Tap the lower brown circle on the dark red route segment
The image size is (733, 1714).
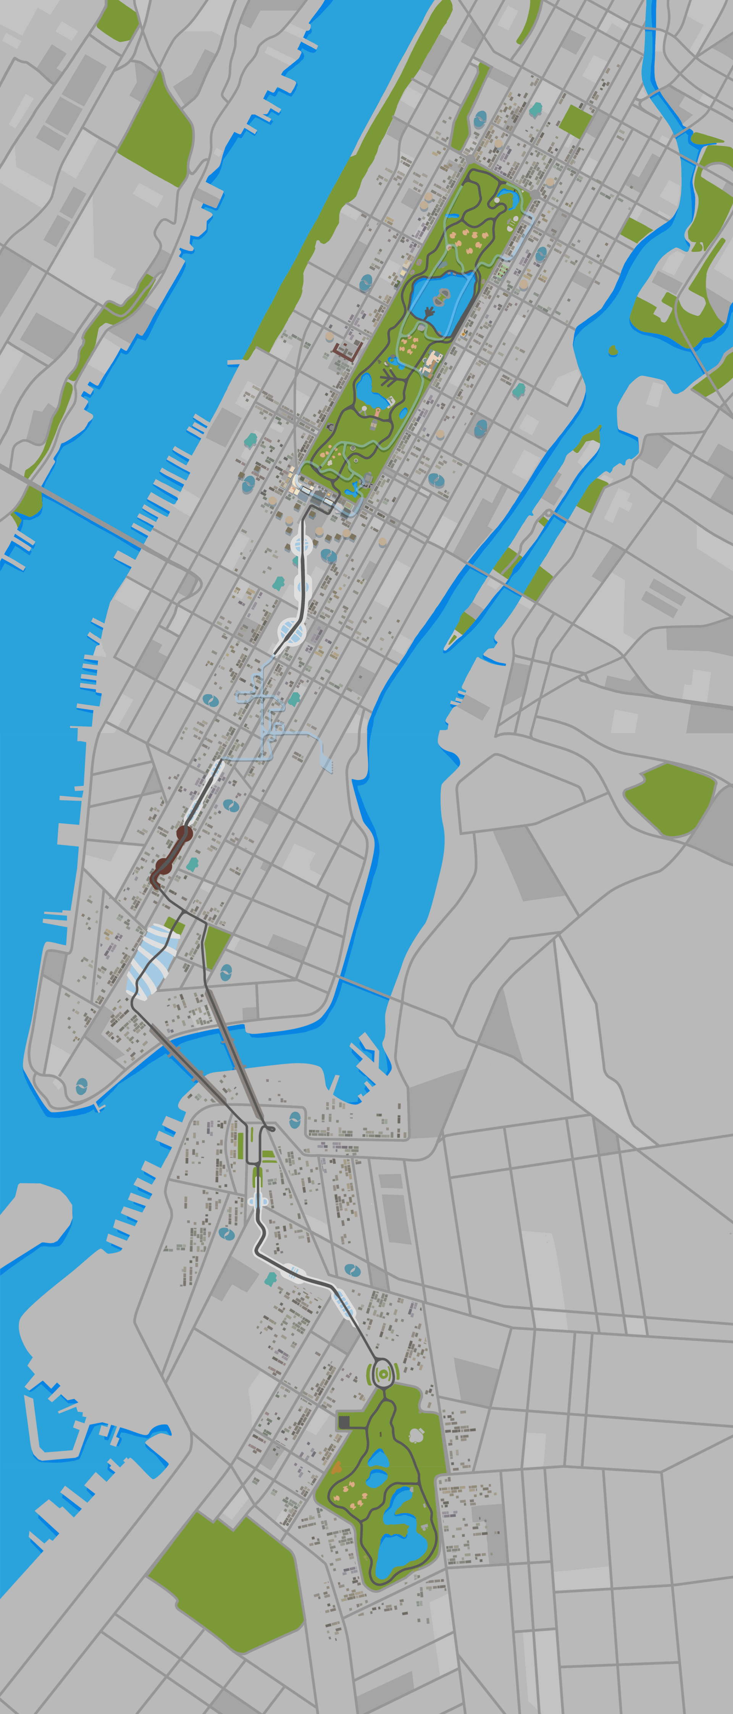click(x=163, y=866)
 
